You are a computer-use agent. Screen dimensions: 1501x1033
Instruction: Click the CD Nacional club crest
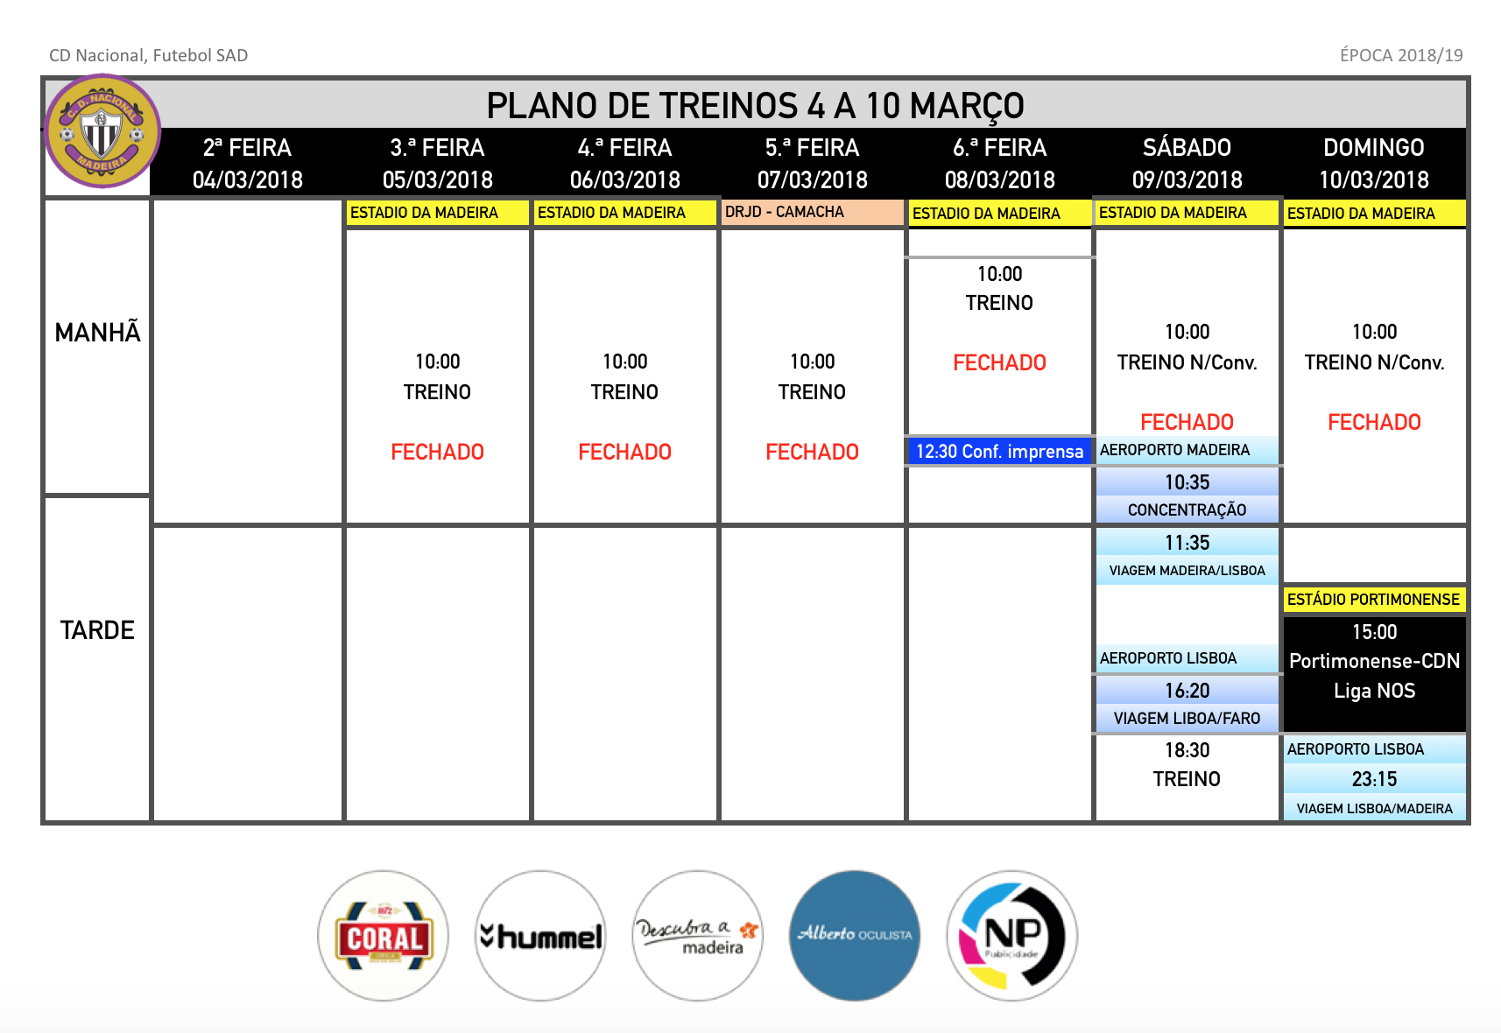click(x=102, y=130)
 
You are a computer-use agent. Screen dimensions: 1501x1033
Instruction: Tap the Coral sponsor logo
click(x=384, y=936)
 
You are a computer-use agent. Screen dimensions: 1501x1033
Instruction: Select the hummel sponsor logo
click(x=540, y=936)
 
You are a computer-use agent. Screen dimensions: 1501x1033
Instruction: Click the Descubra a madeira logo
click(x=698, y=936)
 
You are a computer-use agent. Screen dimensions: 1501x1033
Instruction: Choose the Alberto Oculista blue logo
click(x=855, y=936)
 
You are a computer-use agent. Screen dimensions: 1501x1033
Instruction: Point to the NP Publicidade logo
click(x=1011, y=936)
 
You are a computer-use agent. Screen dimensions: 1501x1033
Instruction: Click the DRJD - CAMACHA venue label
click(x=784, y=212)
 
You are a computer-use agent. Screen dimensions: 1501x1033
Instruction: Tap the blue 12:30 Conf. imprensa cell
click(x=999, y=451)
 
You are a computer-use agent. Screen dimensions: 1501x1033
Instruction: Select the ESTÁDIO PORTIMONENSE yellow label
click(x=1373, y=599)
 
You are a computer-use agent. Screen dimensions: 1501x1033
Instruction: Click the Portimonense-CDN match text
click(x=1374, y=661)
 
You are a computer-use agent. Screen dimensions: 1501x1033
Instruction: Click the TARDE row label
click(x=98, y=629)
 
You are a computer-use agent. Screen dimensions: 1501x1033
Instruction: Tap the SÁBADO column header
click(x=1187, y=147)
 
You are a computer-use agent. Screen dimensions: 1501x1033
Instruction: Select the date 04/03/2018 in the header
click(x=247, y=179)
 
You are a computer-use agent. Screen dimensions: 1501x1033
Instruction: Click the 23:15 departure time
click(x=1374, y=778)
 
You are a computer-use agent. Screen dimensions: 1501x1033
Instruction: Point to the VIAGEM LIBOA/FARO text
click(x=1187, y=718)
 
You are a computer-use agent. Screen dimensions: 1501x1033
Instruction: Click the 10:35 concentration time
click(x=1187, y=481)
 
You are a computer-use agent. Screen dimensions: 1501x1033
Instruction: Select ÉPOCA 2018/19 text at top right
click(x=1401, y=55)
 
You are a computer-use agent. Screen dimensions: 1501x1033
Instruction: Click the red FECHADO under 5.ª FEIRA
click(x=812, y=452)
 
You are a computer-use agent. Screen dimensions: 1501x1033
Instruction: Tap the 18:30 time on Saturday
click(x=1187, y=749)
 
